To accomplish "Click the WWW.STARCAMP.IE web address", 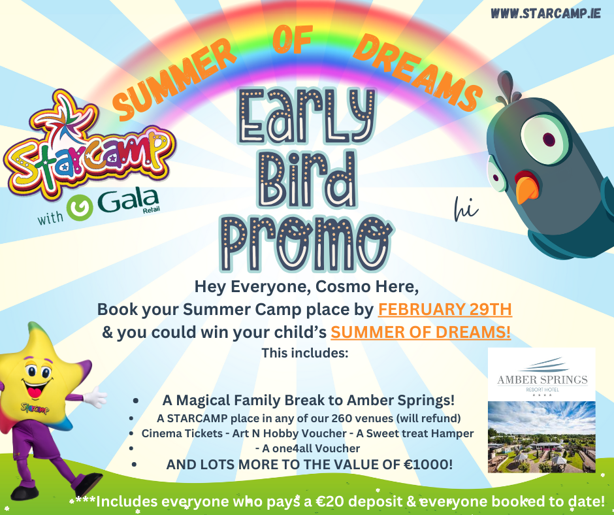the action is tap(545, 13).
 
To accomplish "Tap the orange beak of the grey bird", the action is tap(526, 190).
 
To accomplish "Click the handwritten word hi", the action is tap(466, 208).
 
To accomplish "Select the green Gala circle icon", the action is tap(80, 208).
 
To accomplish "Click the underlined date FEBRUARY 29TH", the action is tap(445, 309).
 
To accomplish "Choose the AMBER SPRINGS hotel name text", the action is tap(542, 380).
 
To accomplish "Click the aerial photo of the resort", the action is tap(541, 437).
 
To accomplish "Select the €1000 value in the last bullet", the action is tap(428, 465).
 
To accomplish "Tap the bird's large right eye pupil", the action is tap(549, 139).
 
